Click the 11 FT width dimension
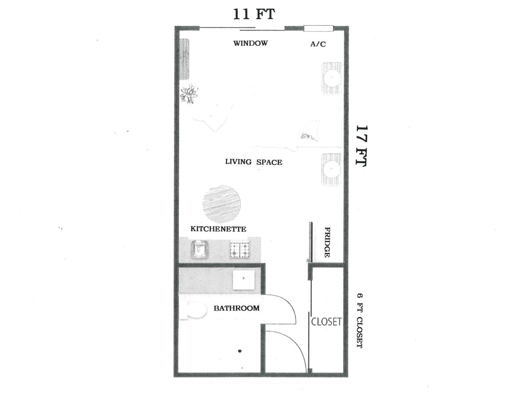(x=254, y=14)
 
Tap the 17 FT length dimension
(x=361, y=145)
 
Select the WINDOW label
(x=251, y=44)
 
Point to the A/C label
(x=318, y=44)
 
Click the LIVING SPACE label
(x=253, y=162)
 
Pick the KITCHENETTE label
(x=218, y=229)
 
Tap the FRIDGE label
(x=327, y=243)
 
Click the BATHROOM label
(x=237, y=308)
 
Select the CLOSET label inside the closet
(x=326, y=321)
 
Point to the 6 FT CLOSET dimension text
(x=359, y=320)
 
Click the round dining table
(x=221, y=204)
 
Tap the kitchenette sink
(x=200, y=249)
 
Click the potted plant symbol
(x=189, y=94)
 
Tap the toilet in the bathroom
(x=194, y=310)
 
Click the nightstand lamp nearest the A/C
(x=332, y=78)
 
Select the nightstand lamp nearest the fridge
(x=332, y=169)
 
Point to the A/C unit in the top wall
(x=318, y=29)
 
